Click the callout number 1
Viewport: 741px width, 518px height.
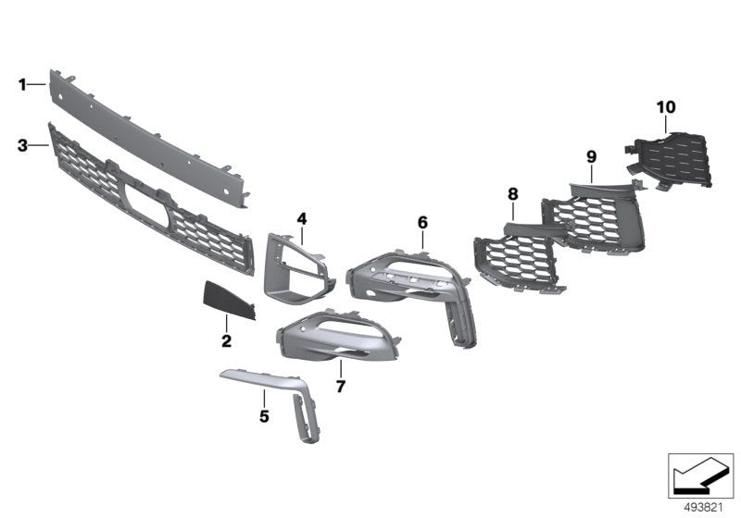pos(22,85)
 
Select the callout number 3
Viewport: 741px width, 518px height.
pos(22,145)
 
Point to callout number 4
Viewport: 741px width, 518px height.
pos(301,218)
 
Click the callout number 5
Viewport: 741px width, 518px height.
pos(264,417)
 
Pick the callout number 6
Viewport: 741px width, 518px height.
pos(422,222)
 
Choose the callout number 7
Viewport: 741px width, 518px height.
pos(340,387)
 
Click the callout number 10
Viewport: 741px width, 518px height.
pos(666,107)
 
